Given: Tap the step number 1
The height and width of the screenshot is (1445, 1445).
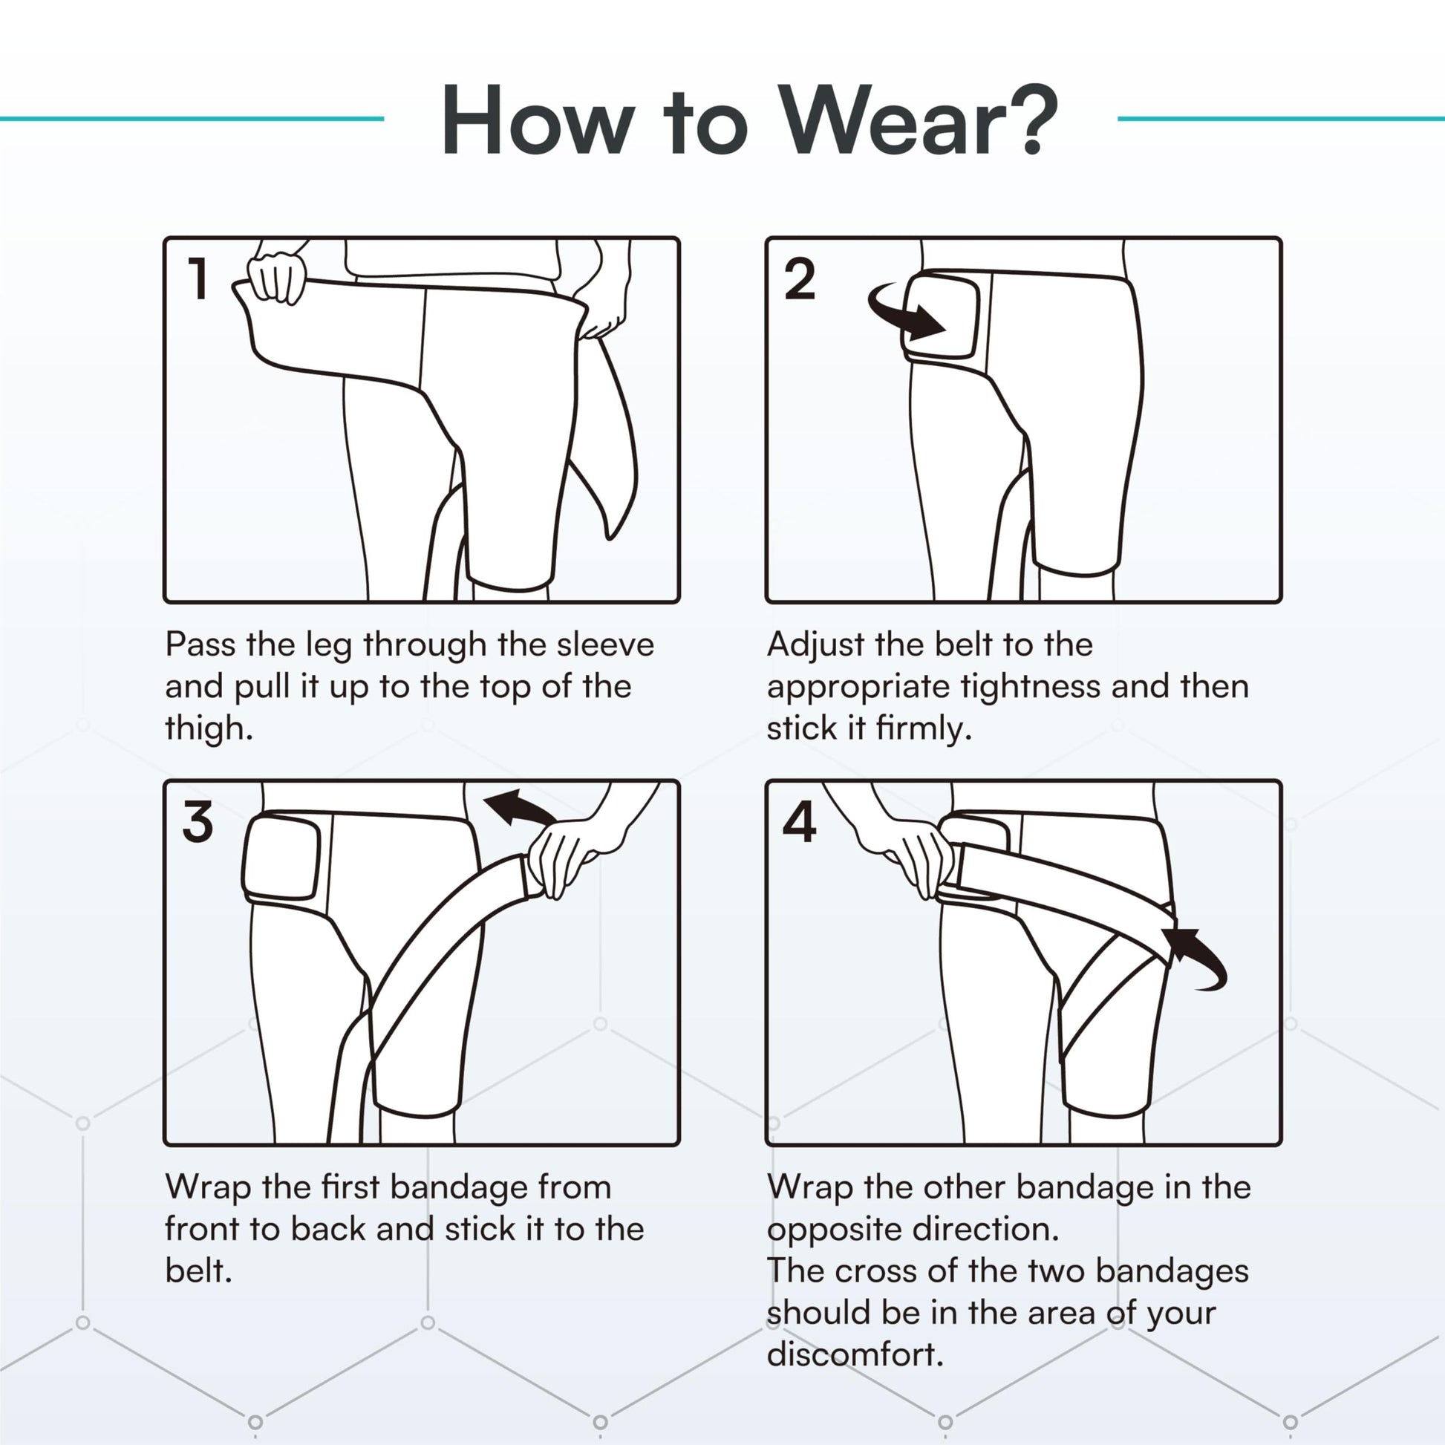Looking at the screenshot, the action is tap(198, 278).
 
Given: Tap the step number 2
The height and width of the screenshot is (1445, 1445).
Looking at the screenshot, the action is tap(799, 278).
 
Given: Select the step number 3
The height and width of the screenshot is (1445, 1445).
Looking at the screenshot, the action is tap(198, 821).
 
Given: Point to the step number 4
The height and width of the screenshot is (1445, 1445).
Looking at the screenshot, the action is tap(799, 821).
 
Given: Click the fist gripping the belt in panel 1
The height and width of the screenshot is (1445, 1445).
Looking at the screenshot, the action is tap(278, 278).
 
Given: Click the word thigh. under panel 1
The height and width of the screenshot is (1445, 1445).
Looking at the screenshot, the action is tap(209, 728).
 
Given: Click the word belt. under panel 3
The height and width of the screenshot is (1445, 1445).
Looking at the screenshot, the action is tap(199, 1270).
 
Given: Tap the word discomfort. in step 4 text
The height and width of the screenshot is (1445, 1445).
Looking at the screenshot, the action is tap(855, 1354).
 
